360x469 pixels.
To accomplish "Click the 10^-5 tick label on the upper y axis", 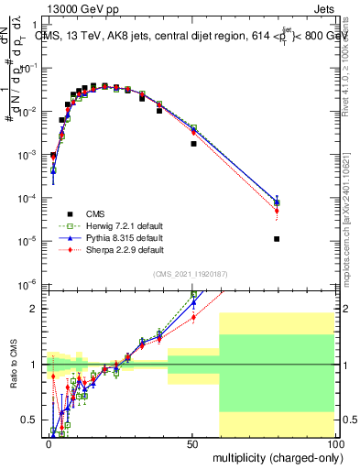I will coord(30,241).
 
